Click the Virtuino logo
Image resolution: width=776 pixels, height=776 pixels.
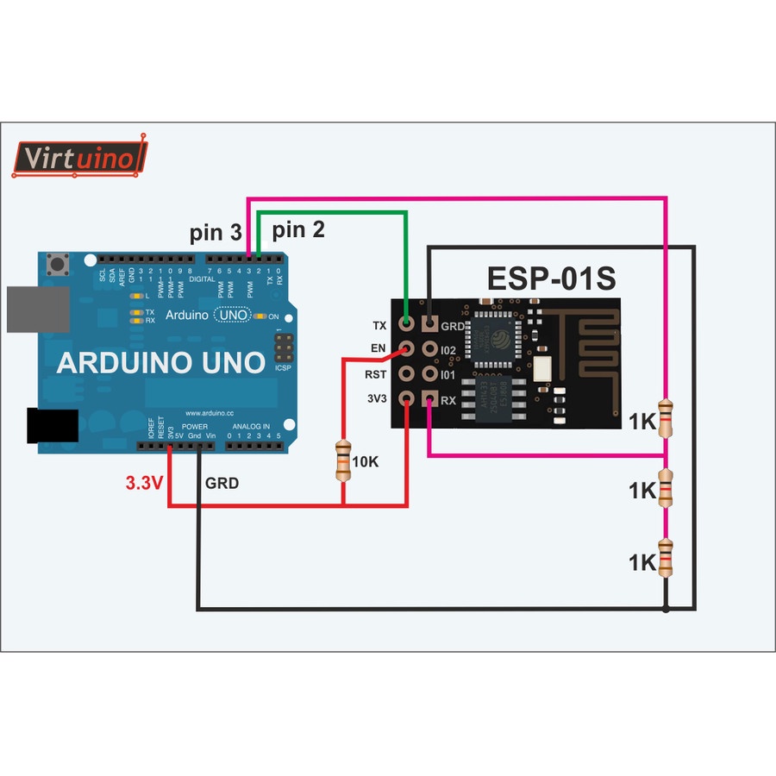pyautogui.click(x=79, y=158)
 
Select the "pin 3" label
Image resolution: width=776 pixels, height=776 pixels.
pyautogui.click(x=216, y=233)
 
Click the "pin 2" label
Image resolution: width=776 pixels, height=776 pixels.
pyautogui.click(x=298, y=229)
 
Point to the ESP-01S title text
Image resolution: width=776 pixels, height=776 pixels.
pyautogui.click(x=551, y=278)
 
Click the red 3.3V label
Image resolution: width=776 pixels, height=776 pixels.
pyautogui.click(x=144, y=483)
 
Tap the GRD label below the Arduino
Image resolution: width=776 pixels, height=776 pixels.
pyautogui.click(x=222, y=483)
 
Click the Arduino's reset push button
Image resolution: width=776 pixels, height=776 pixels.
pyautogui.click(x=59, y=262)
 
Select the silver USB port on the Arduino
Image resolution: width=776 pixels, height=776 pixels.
pyautogui.click(x=37, y=309)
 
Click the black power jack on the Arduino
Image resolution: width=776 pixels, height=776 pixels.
pyautogui.click(x=53, y=427)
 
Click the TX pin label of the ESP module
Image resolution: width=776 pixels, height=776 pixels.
pyautogui.click(x=379, y=326)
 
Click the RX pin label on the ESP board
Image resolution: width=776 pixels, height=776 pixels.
pyautogui.click(x=448, y=400)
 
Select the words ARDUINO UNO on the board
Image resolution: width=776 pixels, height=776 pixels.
pyautogui.click(x=160, y=363)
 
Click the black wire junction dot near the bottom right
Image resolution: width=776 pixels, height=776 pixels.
pyautogui.click(x=666, y=610)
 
